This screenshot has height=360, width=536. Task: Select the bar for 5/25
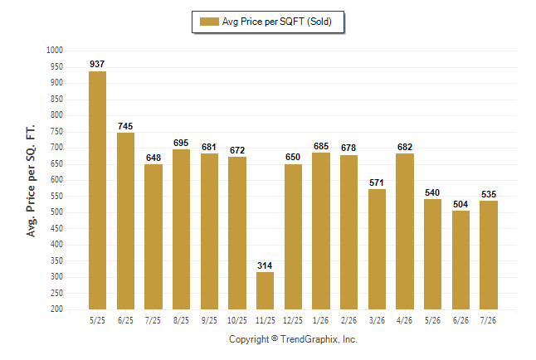(97, 191)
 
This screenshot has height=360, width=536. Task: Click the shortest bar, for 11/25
(265, 290)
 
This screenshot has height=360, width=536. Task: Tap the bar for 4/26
(405, 231)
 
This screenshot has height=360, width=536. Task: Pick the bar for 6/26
(460, 260)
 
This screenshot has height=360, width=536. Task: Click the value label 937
(97, 64)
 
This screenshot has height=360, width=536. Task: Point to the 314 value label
(265, 265)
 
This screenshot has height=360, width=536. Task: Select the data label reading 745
(125, 126)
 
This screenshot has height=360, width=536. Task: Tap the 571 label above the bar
(377, 182)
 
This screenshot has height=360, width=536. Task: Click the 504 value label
(460, 204)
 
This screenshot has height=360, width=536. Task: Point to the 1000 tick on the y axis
(55, 51)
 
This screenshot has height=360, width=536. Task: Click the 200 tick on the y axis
(56, 309)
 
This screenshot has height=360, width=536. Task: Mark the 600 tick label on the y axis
(56, 179)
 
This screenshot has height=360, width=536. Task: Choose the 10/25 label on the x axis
(237, 320)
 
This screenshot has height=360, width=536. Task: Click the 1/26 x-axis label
(320, 320)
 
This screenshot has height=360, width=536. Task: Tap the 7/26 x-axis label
(488, 320)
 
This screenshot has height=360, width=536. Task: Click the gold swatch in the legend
(209, 22)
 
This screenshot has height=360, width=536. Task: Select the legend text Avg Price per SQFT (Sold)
(277, 22)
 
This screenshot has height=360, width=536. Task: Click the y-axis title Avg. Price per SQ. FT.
(31, 181)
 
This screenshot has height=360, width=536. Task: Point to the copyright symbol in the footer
(275, 338)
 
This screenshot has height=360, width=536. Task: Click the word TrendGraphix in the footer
(309, 339)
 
